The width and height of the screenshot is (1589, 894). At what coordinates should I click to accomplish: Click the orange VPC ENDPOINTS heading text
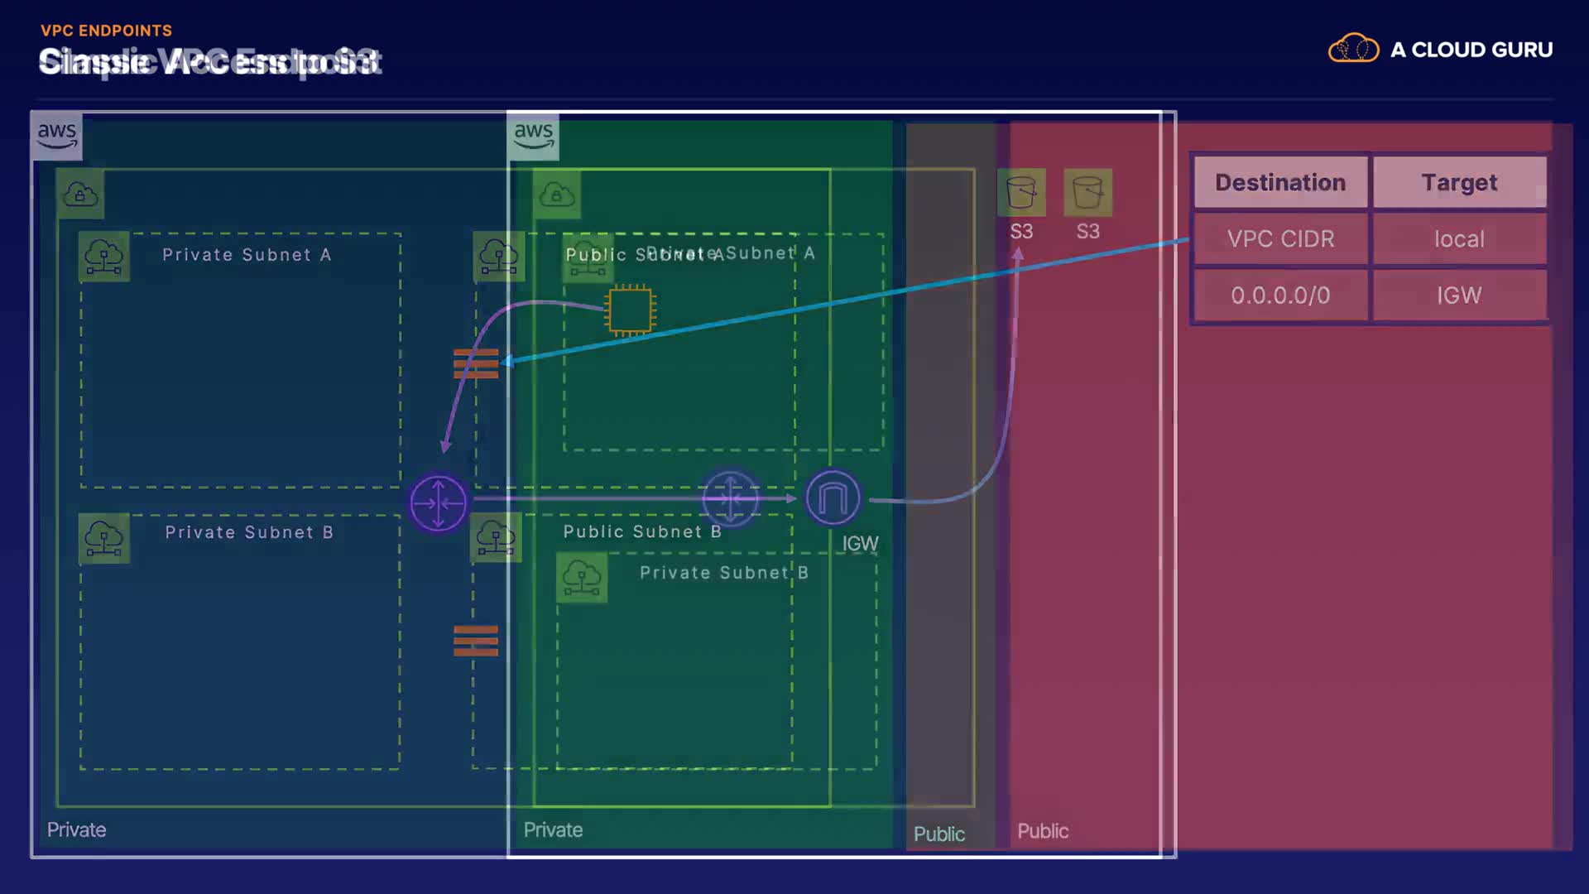(106, 31)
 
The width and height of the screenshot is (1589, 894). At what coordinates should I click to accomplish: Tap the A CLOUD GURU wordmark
(1471, 50)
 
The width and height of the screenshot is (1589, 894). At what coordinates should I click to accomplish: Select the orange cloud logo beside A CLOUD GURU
(1353, 49)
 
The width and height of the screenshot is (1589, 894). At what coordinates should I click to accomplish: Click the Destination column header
(1279, 182)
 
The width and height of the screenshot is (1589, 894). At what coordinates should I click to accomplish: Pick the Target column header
(1458, 182)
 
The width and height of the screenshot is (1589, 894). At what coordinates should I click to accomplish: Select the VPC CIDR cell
(1279, 239)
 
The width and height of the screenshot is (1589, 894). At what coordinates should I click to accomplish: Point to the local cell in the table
(1458, 239)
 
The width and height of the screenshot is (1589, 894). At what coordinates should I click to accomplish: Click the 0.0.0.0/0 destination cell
(1279, 296)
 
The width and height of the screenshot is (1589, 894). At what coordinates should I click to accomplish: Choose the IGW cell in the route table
(1458, 296)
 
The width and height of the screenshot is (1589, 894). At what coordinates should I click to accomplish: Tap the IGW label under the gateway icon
(860, 544)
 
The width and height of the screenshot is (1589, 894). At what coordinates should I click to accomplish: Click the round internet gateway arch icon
(833, 498)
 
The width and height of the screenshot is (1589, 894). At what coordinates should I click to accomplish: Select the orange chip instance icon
(630, 310)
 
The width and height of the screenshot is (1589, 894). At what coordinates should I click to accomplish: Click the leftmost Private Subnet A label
(247, 255)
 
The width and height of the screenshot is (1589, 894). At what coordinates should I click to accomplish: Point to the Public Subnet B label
(642, 531)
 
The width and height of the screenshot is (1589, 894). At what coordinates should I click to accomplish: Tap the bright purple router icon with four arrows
(438, 502)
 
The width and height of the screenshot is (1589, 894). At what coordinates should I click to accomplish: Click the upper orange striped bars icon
(476, 363)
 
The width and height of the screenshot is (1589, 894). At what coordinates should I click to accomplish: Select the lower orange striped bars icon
(476, 641)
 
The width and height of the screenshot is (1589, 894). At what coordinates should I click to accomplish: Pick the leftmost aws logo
(56, 135)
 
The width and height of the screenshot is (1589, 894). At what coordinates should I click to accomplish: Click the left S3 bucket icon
(1021, 192)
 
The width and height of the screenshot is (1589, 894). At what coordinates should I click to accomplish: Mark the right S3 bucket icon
(1087, 192)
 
